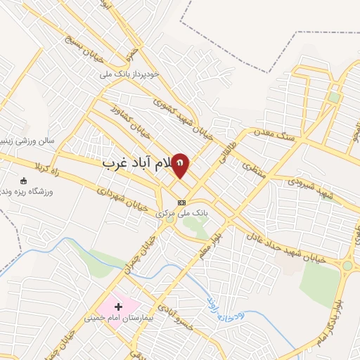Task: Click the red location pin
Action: pyautogui.click(x=181, y=165)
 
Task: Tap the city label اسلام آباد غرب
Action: pyautogui.click(x=138, y=162)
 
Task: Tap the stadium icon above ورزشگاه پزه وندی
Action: pyautogui.click(x=24, y=180)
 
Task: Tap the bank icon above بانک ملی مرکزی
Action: pyautogui.click(x=181, y=202)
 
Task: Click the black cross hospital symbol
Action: pyautogui.click(x=118, y=306)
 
